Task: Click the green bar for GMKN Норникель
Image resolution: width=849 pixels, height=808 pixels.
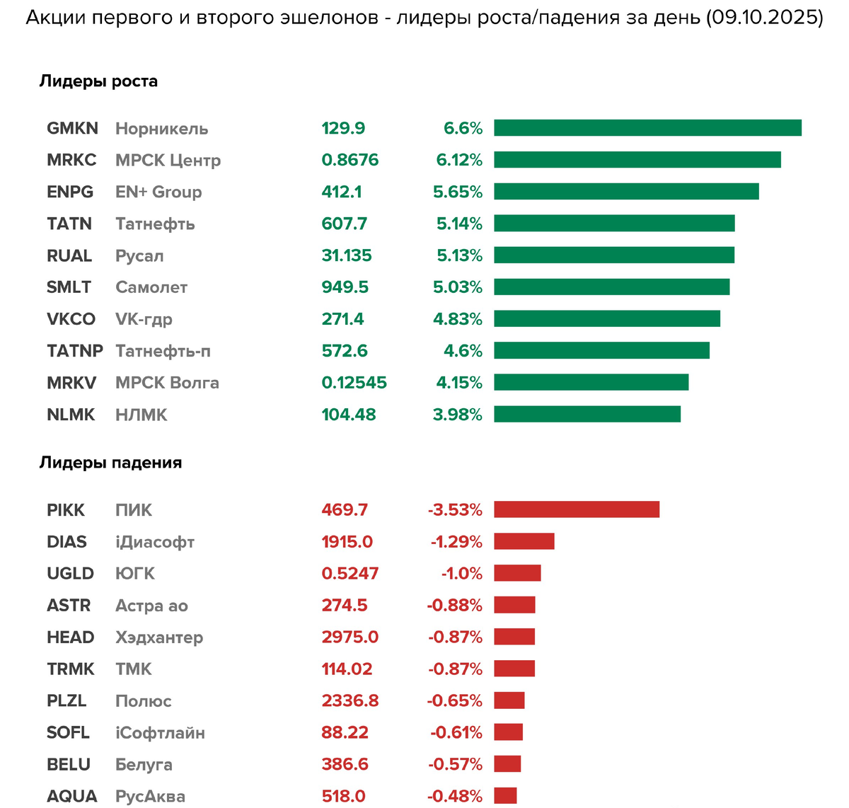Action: click(x=647, y=128)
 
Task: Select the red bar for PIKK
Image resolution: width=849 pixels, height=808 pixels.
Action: click(x=577, y=509)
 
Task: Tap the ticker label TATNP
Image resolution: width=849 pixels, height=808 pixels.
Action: click(x=74, y=351)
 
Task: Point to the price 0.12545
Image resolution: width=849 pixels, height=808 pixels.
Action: click(x=354, y=383)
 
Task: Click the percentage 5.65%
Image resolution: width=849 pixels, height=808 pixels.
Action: click(x=458, y=192)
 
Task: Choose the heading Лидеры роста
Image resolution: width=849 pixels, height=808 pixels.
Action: click(x=98, y=81)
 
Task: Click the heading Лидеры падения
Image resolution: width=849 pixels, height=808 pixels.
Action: click(x=110, y=463)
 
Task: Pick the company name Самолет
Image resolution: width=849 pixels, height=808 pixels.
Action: click(x=151, y=287)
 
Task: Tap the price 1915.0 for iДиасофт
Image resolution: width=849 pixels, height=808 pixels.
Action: click(x=347, y=542)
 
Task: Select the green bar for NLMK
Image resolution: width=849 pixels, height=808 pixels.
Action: click(x=587, y=415)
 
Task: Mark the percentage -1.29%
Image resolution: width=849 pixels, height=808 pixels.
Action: click(x=456, y=542)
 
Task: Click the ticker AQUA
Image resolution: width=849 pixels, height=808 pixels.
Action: click(x=71, y=796)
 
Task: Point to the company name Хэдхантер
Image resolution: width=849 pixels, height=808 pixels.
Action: click(x=159, y=637)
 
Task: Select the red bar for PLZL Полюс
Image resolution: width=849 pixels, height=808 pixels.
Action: click(x=509, y=700)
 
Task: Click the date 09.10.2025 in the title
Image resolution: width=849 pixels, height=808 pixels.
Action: click(x=764, y=18)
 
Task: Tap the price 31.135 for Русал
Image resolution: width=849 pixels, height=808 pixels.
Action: click(x=346, y=255)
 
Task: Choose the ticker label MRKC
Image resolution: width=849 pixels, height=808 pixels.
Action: click(x=71, y=160)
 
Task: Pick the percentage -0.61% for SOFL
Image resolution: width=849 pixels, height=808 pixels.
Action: click(x=456, y=732)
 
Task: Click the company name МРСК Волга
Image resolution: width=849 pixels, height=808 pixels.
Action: click(x=167, y=383)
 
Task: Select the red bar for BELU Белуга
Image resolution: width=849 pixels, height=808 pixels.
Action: click(x=507, y=764)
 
